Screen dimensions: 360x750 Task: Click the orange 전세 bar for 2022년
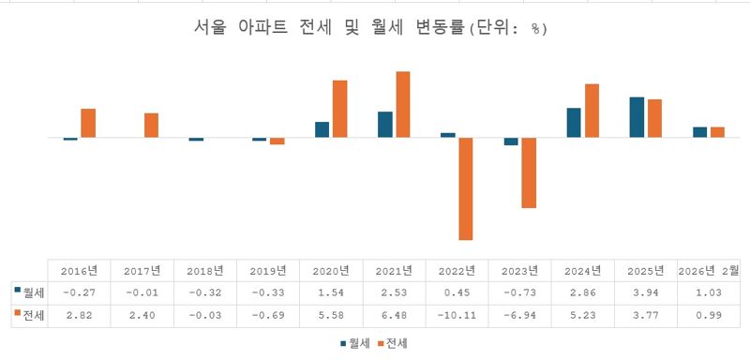pyautogui.click(x=466, y=188)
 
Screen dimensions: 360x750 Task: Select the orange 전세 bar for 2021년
pyautogui.click(x=403, y=104)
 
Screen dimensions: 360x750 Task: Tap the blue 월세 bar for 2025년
pyautogui.click(x=637, y=117)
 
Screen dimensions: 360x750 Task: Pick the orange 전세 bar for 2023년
pyautogui.click(x=529, y=172)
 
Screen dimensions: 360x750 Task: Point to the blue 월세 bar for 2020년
pyautogui.click(x=322, y=129)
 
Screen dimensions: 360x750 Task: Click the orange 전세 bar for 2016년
pyautogui.click(x=88, y=123)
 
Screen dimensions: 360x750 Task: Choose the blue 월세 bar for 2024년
pyautogui.click(x=574, y=123)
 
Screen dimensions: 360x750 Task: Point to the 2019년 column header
pyautogui.click(x=268, y=271)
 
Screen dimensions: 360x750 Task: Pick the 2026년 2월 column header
pyautogui.click(x=708, y=271)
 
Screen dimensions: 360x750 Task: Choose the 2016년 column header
pyautogui.click(x=79, y=271)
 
